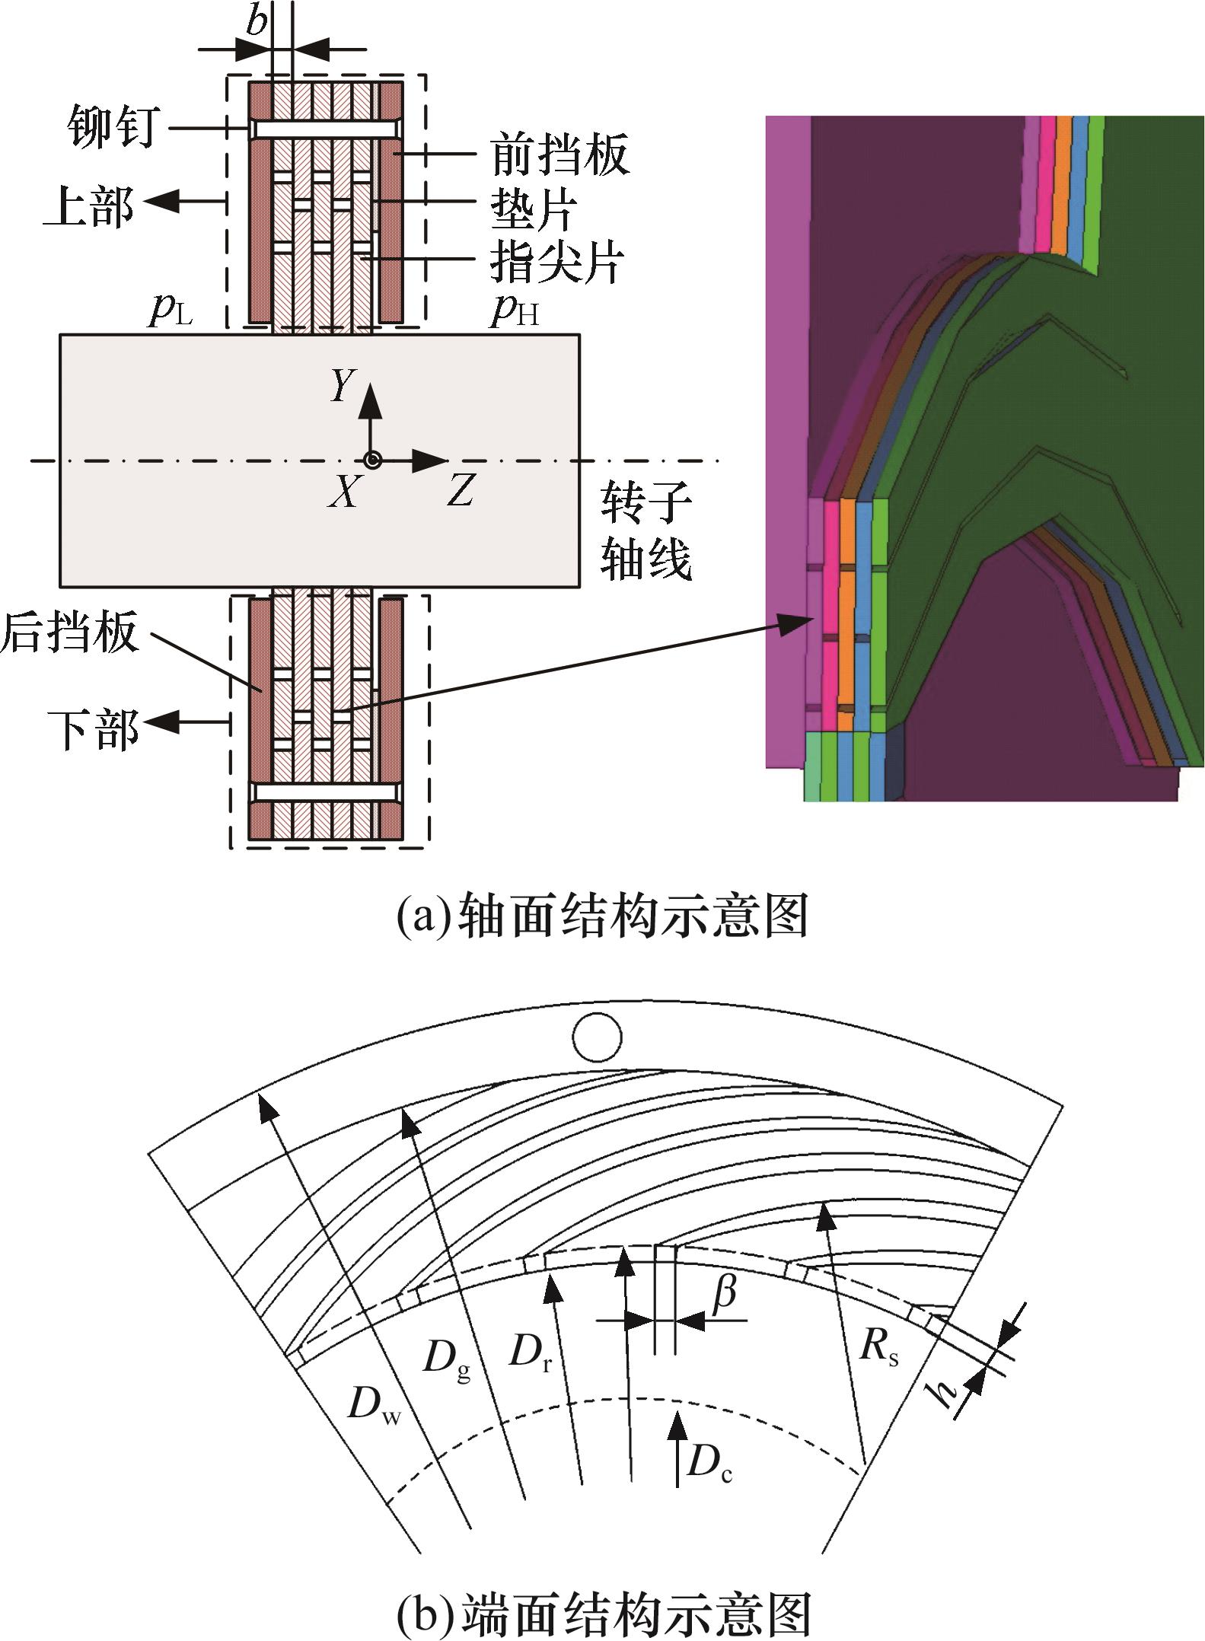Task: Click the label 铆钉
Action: click(x=113, y=126)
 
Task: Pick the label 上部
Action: click(x=89, y=207)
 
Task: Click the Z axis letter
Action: click(x=461, y=491)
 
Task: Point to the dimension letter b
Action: click(x=257, y=21)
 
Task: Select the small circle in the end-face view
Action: click(x=598, y=1037)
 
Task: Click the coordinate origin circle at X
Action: click(x=372, y=460)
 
